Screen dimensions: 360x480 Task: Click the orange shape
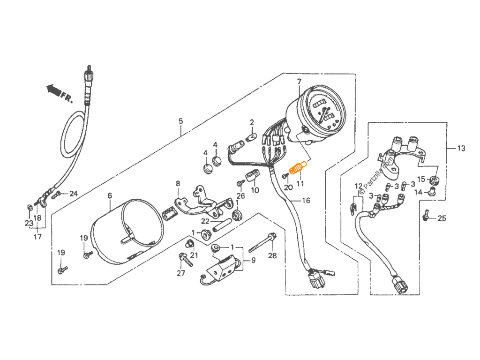[x=296, y=165]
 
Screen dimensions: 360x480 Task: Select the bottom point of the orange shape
[x=293, y=179]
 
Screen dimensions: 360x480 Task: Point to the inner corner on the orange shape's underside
[x=300, y=171]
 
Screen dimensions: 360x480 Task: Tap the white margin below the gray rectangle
[x=240, y=328]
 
